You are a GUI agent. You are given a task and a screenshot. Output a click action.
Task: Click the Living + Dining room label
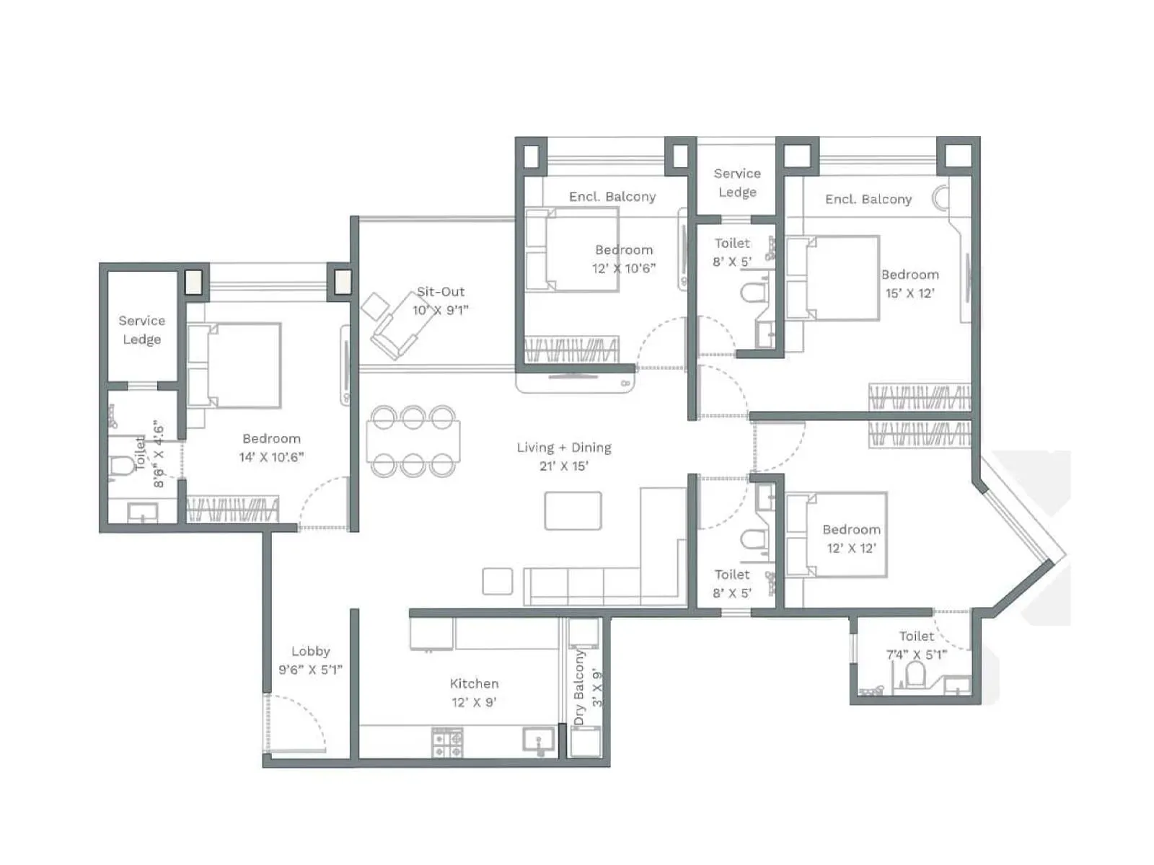pos(563,456)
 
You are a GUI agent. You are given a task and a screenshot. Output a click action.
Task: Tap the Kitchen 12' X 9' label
pos(474,692)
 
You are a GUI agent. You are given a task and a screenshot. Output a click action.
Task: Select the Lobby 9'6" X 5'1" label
pos(310,660)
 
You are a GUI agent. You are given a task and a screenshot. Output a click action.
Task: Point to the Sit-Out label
pos(441,292)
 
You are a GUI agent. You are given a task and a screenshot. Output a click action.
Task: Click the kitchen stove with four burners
pos(447,742)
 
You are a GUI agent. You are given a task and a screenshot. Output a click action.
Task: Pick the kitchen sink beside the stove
pos(538,741)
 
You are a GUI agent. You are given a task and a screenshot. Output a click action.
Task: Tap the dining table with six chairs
pos(413,441)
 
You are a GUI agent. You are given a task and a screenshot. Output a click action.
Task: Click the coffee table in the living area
pos(573,510)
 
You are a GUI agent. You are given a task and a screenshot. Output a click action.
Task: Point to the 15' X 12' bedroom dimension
pos(909,293)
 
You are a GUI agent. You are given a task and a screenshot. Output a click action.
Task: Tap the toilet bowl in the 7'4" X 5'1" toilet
pos(915,676)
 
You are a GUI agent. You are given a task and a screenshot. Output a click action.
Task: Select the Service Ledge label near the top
pos(736,182)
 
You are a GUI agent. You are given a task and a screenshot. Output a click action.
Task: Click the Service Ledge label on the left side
pos(141,329)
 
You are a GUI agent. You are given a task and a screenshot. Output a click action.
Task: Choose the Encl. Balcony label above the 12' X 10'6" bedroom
pos(612,197)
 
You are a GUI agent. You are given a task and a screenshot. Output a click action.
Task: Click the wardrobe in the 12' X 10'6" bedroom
pos(571,350)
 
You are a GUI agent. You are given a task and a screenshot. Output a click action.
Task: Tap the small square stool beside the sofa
pos(497,581)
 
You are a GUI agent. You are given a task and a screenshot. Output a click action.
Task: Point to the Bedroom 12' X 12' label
pos(851,538)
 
